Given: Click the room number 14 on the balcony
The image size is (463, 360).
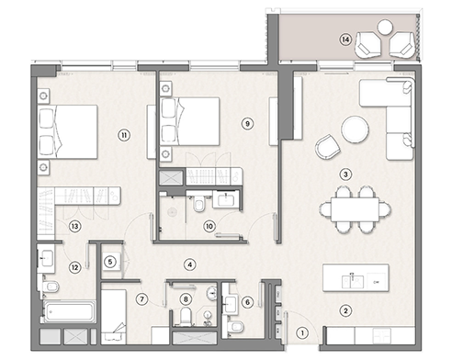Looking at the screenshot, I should (x=344, y=39).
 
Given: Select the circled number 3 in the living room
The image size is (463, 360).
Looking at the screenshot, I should (x=345, y=174).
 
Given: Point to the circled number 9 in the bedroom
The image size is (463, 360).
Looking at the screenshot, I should (x=247, y=122).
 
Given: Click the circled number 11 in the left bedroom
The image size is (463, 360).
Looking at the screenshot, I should (x=122, y=135).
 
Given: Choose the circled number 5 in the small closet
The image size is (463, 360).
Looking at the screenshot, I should (x=111, y=262).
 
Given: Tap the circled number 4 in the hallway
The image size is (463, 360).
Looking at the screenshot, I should (x=189, y=264).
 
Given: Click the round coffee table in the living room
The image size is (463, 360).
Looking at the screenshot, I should (x=355, y=129).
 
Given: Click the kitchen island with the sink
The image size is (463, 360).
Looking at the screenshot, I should (x=355, y=276).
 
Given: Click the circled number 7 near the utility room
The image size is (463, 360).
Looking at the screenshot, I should (x=142, y=298).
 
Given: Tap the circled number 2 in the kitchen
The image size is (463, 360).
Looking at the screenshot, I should (x=345, y=310).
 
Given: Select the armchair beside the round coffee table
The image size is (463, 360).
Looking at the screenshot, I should (x=325, y=147).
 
